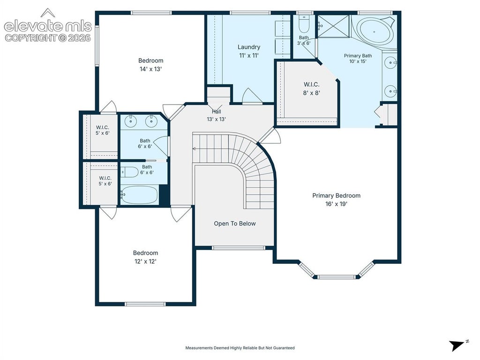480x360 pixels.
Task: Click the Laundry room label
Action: pos(249,51)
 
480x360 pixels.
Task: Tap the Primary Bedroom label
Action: pos(336,200)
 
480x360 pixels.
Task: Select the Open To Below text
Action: pos(235,224)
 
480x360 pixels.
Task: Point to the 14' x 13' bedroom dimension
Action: pos(150,69)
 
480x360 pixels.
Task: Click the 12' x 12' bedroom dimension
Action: pos(145,261)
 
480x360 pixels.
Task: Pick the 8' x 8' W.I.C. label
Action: pos(311,89)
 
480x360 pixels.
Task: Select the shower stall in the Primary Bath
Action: pos(333,26)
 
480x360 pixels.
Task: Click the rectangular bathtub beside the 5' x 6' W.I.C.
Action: pos(139,195)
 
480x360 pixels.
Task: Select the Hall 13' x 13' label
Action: pos(217,115)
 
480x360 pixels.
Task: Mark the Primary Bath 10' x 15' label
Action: pos(358,59)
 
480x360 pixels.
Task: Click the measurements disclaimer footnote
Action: pos(240,348)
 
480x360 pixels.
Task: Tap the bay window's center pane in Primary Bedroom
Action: pos(337,277)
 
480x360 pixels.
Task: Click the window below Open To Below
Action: pos(238,247)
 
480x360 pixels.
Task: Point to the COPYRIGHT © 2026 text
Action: pos(48,38)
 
